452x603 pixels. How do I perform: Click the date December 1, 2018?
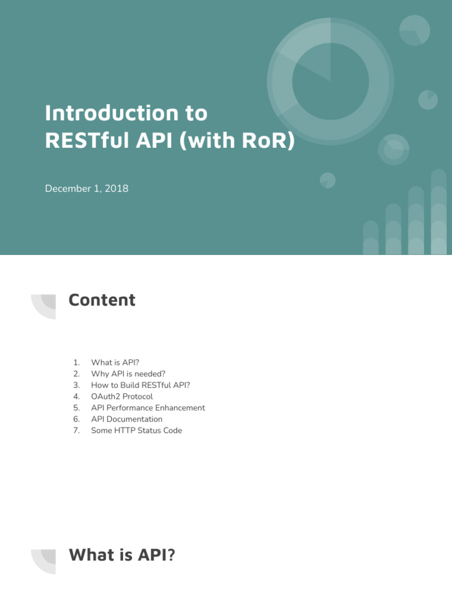[87, 189]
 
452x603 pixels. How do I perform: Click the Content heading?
[102, 300]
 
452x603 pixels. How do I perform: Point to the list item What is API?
[115, 362]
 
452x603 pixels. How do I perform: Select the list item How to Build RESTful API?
[140, 385]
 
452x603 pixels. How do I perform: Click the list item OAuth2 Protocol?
[122, 396]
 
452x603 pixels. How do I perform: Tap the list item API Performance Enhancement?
[148, 407]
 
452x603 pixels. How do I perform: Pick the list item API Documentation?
[127, 419]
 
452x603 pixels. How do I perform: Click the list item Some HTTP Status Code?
[137, 430]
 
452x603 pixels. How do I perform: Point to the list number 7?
[77, 430]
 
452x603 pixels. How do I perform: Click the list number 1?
[77, 362]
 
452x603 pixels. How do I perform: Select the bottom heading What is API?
[122, 555]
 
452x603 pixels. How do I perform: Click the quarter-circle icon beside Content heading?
[45, 306]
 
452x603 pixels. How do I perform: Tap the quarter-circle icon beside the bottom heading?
[45, 560]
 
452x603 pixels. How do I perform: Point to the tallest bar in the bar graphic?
[438, 212]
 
